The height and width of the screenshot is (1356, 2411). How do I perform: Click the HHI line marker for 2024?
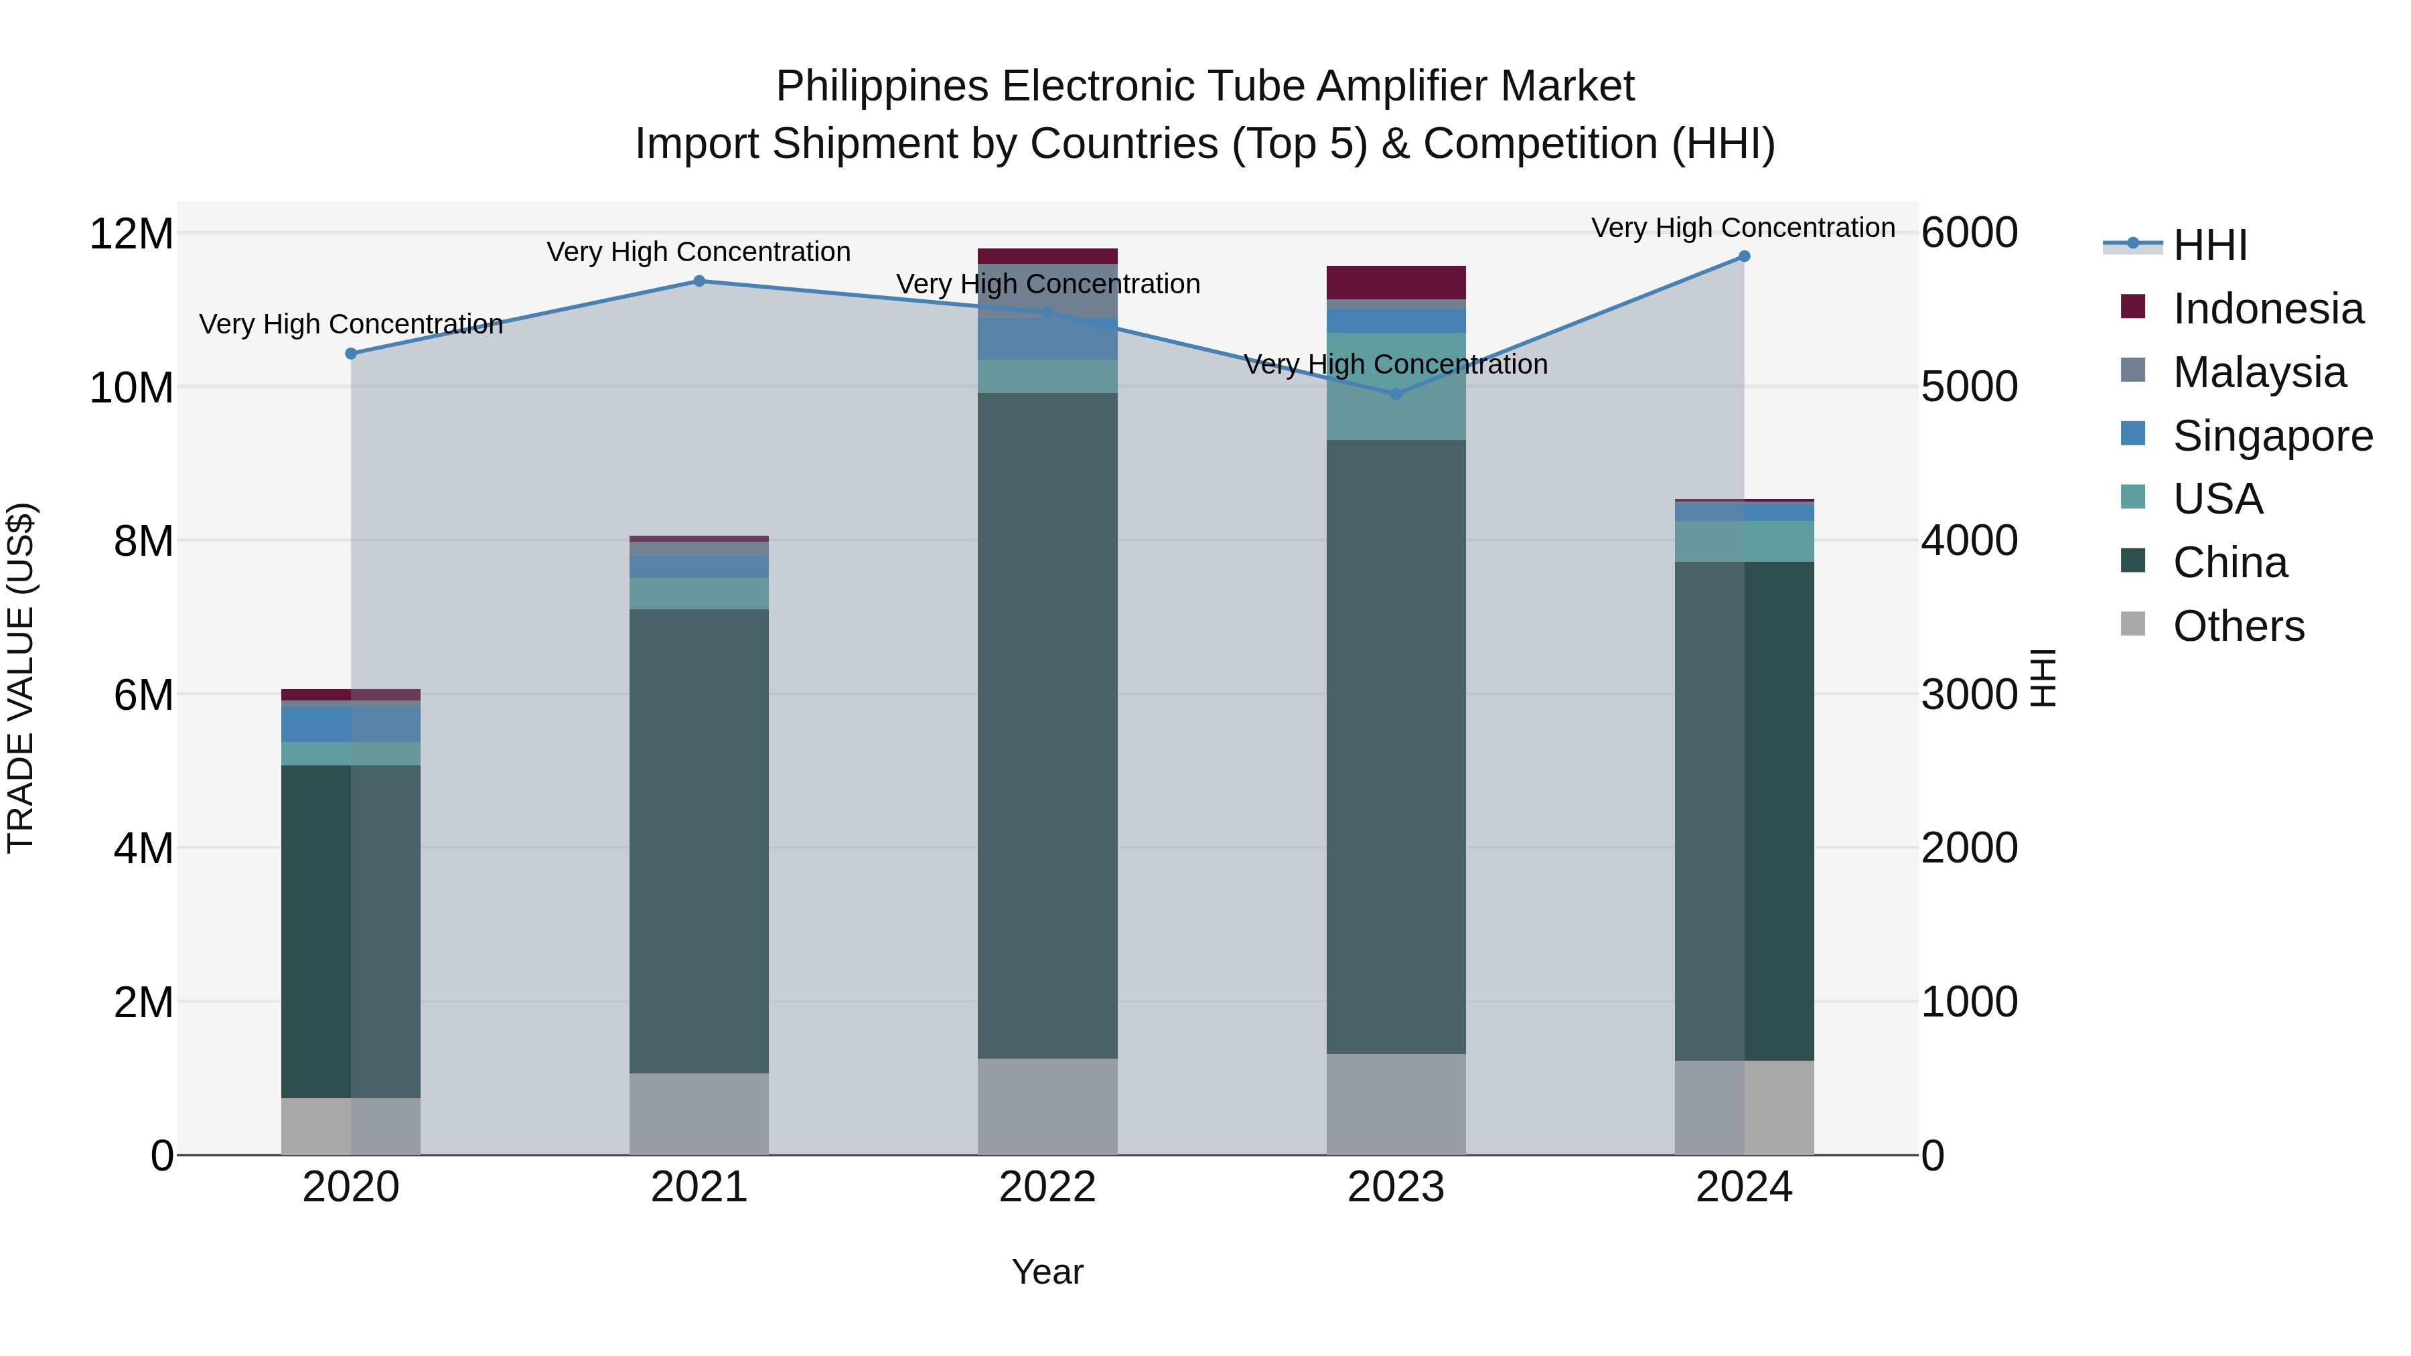click(x=1744, y=256)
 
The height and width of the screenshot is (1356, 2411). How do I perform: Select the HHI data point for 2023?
click(x=1396, y=394)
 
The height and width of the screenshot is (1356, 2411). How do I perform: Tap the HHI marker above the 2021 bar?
click(x=699, y=281)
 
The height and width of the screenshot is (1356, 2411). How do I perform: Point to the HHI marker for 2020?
click(x=351, y=354)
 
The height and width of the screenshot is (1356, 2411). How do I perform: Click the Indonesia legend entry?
click(x=2267, y=309)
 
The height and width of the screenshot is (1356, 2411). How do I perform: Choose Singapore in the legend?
click(x=2272, y=436)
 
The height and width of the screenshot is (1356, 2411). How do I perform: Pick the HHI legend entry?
click(x=2209, y=245)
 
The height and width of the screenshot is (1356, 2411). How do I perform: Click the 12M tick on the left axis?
click(x=131, y=233)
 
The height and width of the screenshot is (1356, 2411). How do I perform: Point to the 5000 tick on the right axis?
click(x=1969, y=386)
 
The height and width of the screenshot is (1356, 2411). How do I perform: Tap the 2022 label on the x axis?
click(x=1047, y=1187)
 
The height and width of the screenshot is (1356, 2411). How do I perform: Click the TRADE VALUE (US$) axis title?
click(x=21, y=678)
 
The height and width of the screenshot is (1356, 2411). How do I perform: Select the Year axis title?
click(x=1047, y=1272)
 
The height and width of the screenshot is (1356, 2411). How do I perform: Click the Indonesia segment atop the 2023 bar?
click(x=1396, y=283)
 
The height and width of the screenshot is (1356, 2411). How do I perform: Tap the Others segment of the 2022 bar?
click(x=1047, y=1106)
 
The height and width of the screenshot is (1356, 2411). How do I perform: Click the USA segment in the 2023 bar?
click(x=1396, y=386)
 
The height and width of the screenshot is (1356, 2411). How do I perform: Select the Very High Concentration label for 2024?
click(x=1743, y=228)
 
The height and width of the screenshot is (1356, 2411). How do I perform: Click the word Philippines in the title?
click(x=881, y=87)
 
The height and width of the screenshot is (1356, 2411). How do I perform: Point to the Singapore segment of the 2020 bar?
click(x=351, y=723)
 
